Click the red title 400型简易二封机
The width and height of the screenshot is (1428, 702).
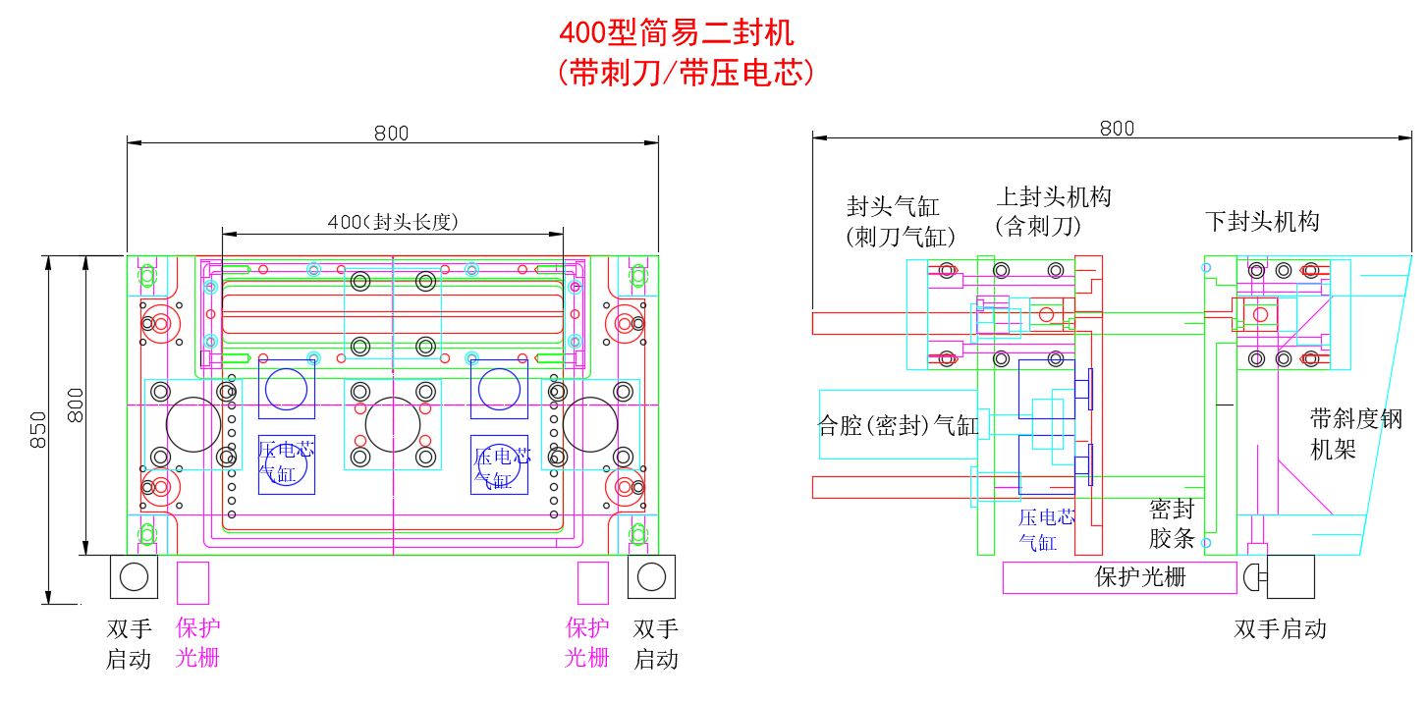coord(676,33)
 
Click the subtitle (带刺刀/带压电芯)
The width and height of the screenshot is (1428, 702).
coord(685,73)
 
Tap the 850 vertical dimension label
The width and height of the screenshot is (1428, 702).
coord(36,430)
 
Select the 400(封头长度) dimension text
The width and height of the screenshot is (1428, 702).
coord(393,222)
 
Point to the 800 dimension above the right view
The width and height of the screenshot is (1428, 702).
coord(1117,129)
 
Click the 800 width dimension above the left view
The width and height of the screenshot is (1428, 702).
coord(391,134)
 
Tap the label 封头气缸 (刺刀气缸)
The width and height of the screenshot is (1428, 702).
coord(900,221)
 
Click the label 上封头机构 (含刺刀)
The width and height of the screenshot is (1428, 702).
coord(1053,211)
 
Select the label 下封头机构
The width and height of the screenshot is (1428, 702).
coord(1262,222)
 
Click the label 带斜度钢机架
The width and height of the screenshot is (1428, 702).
coord(1355,434)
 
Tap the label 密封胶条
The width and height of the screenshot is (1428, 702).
coord(1172,523)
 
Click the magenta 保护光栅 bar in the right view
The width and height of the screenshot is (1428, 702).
coord(1120,578)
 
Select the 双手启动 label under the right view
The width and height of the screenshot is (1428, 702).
coord(1280,629)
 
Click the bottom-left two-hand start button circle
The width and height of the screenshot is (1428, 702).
coord(134,576)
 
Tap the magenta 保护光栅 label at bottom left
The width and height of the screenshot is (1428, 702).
coord(196,643)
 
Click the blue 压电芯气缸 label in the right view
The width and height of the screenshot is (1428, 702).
coord(1045,530)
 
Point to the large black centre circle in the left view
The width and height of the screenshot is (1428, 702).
coord(392,425)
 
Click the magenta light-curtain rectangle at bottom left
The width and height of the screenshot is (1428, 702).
coord(192,583)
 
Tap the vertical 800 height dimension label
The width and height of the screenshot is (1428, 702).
coord(76,405)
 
